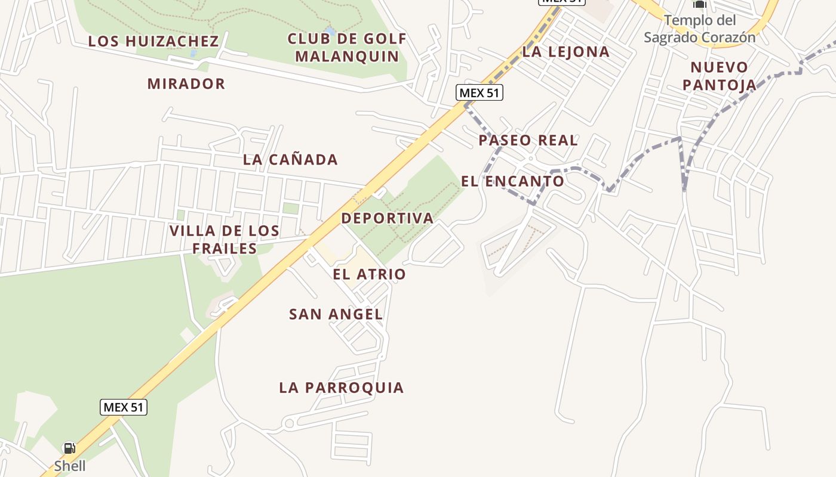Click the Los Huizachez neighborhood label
point(153,41)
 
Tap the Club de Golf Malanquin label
point(347,48)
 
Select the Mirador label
point(186,84)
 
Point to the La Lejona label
point(565,52)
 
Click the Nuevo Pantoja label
point(719,76)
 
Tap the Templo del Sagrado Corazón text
point(699,29)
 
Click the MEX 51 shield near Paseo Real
point(480,92)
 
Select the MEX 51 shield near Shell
point(123,407)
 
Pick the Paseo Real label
point(528,141)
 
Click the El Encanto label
point(512,181)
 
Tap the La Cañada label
point(290,160)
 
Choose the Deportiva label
point(387,218)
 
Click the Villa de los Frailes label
point(225,239)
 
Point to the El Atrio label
point(369,274)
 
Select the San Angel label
point(336,314)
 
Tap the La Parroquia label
point(342,388)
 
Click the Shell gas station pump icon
point(69,448)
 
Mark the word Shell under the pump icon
point(70,466)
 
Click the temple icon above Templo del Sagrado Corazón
point(699,5)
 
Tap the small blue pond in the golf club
point(329,30)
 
